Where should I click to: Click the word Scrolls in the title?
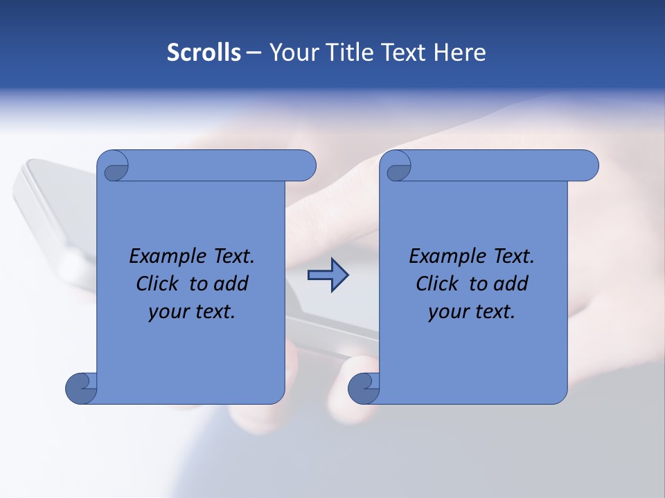[x=204, y=53]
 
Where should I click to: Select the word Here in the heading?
[x=460, y=53]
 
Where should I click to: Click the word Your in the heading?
[x=291, y=53]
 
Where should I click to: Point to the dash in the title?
[x=254, y=53]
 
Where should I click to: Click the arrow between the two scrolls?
[x=328, y=275]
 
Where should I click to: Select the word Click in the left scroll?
[x=159, y=284]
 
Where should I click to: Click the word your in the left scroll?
[x=168, y=312]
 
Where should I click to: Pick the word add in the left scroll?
[x=231, y=284]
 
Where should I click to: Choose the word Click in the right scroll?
[x=438, y=284]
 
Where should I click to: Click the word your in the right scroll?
[x=448, y=312]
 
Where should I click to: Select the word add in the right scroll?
[x=511, y=284]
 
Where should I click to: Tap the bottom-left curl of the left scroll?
[x=81, y=387]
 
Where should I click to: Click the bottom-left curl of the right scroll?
[x=364, y=387]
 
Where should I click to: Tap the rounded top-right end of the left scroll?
[x=305, y=166]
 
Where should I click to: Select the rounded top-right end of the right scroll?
[x=587, y=166]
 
